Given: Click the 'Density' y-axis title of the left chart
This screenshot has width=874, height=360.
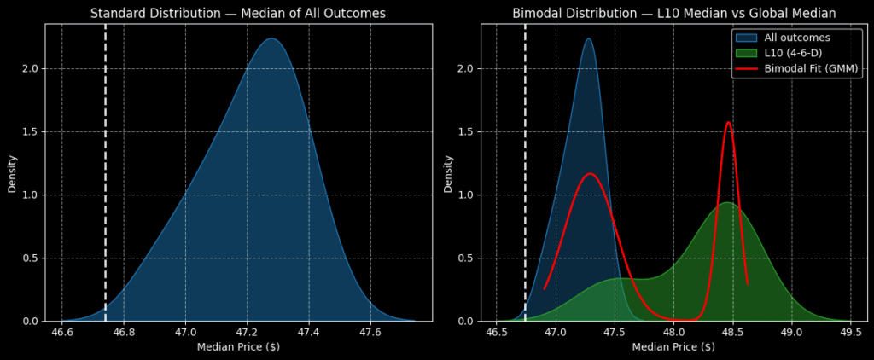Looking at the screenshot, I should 12,172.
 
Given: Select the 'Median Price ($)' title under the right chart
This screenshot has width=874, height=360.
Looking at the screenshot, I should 673,347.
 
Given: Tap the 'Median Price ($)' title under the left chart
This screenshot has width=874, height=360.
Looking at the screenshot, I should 238,347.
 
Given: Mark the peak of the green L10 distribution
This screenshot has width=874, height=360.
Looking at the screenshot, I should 726,203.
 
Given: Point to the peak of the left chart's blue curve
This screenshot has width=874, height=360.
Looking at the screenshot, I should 271,38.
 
